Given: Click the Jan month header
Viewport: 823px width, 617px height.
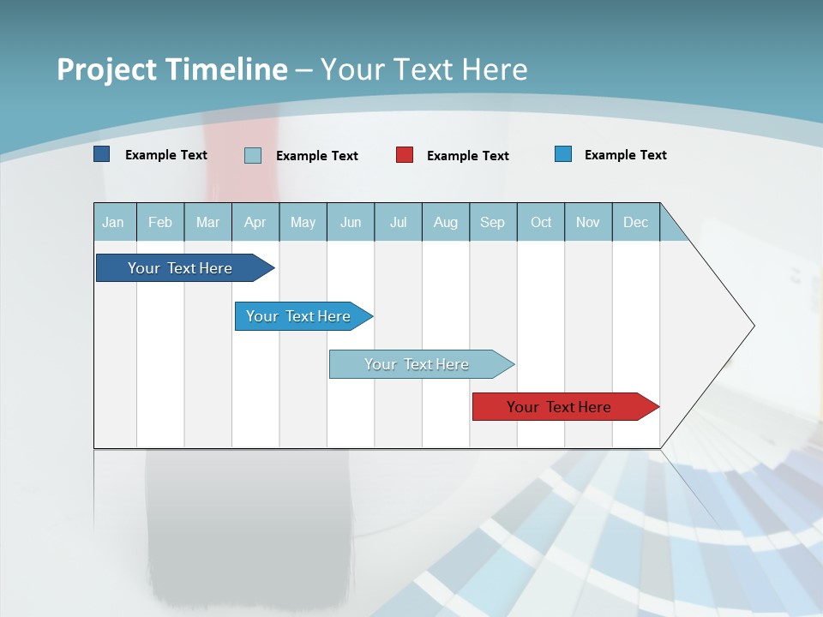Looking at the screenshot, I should [113, 222].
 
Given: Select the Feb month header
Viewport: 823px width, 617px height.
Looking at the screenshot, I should [160, 222].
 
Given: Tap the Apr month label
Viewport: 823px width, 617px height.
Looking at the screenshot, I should [255, 222].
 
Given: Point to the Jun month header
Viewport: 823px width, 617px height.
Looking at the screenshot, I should [351, 222].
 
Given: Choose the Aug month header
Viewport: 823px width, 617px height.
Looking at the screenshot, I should [446, 222].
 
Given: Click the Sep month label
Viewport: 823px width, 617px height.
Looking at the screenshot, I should [493, 222].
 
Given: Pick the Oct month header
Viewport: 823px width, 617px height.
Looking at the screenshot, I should [541, 222].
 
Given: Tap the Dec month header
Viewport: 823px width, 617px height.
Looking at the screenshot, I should [636, 222].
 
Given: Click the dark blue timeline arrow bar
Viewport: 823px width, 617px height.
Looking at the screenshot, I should [181, 268].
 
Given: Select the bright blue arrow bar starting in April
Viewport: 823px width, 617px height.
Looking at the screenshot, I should [299, 316].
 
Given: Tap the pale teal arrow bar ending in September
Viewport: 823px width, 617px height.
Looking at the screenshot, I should [418, 364].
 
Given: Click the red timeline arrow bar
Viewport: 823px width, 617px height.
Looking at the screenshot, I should [560, 407].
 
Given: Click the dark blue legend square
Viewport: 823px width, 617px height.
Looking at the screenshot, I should [102, 154].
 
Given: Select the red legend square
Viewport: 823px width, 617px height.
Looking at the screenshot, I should [405, 155].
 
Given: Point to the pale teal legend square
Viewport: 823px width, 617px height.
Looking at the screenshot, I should [253, 155].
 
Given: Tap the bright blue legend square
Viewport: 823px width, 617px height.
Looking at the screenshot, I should [563, 154].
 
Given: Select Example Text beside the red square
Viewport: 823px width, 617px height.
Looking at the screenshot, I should [468, 155].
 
